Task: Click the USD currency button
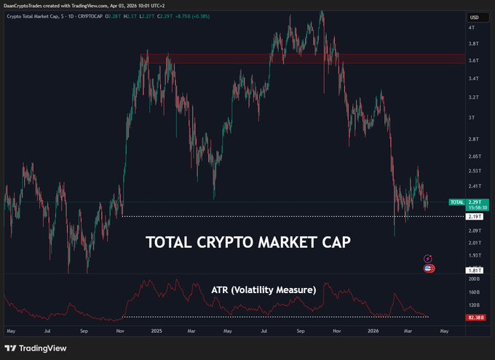click(x=474, y=17)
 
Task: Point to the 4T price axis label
click(x=472, y=28)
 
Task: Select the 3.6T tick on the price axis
click(x=473, y=61)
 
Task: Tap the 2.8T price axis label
click(x=473, y=139)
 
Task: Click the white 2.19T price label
click(x=475, y=217)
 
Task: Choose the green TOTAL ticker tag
click(x=456, y=201)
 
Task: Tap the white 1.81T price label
click(x=475, y=271)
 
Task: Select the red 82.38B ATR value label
click(x=475, y=317)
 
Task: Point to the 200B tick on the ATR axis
click(x=475, y=279)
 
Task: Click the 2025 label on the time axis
click(x=155, y=331)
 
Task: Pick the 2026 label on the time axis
click(x=373, y=331)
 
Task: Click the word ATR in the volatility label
click(x=220, y=289)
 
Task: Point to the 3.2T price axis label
click(x=473, y=97)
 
